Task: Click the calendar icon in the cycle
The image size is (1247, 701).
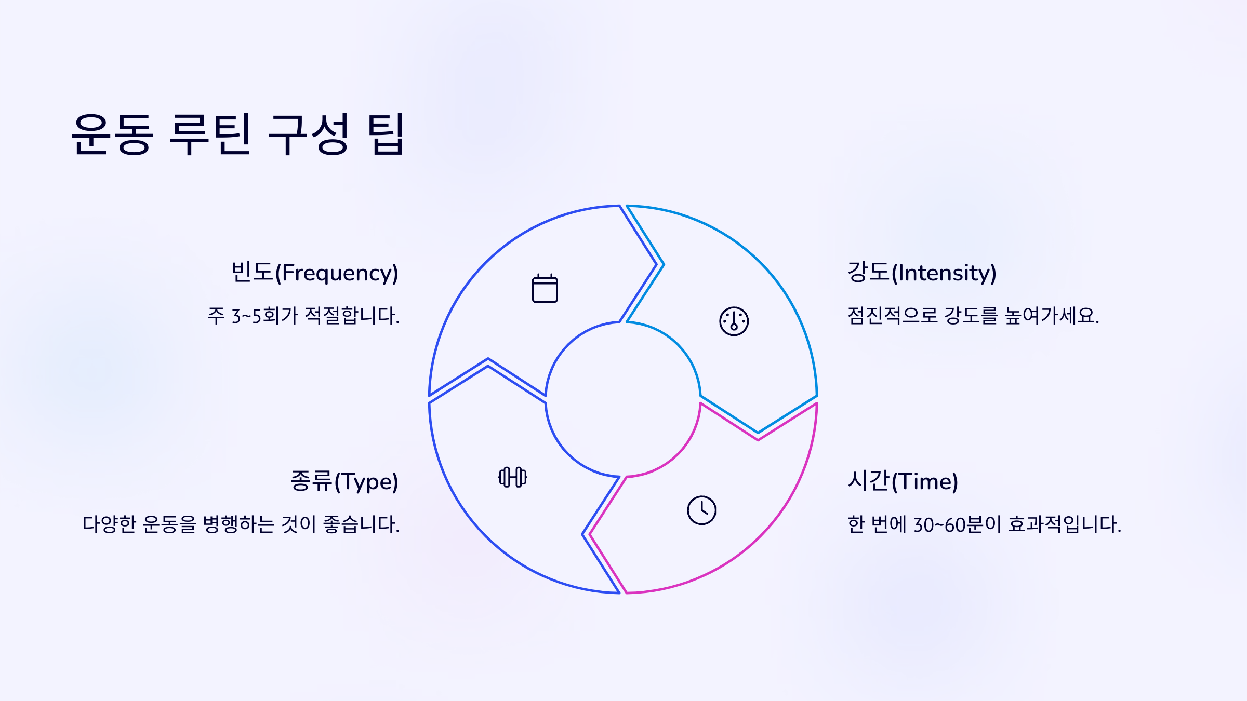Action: pos(545,288)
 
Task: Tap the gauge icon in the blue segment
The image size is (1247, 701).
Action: pos(734,321)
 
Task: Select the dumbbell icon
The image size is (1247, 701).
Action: pos(512,477)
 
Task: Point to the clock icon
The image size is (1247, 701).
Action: pos(701,510)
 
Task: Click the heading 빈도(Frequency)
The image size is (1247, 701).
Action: pos(314,273)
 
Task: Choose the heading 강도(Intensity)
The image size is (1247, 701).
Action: pos(922,273)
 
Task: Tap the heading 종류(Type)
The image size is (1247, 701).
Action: pos(344,481)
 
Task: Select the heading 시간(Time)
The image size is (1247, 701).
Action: pos(903,481)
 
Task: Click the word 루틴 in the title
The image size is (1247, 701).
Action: pos(211,134)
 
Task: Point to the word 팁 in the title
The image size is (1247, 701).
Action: pos(386,134)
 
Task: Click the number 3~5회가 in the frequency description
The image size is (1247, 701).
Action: pos(265,316)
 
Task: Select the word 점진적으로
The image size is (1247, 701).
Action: pos(892,316)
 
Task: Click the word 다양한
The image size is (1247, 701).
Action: pos(109,524)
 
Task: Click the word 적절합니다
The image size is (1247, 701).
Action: pos(352,316)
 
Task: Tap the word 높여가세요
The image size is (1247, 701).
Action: pos(1051,316)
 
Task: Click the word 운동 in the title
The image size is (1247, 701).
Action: pos(113,134)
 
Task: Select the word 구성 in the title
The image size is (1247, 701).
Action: pos(308,134)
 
